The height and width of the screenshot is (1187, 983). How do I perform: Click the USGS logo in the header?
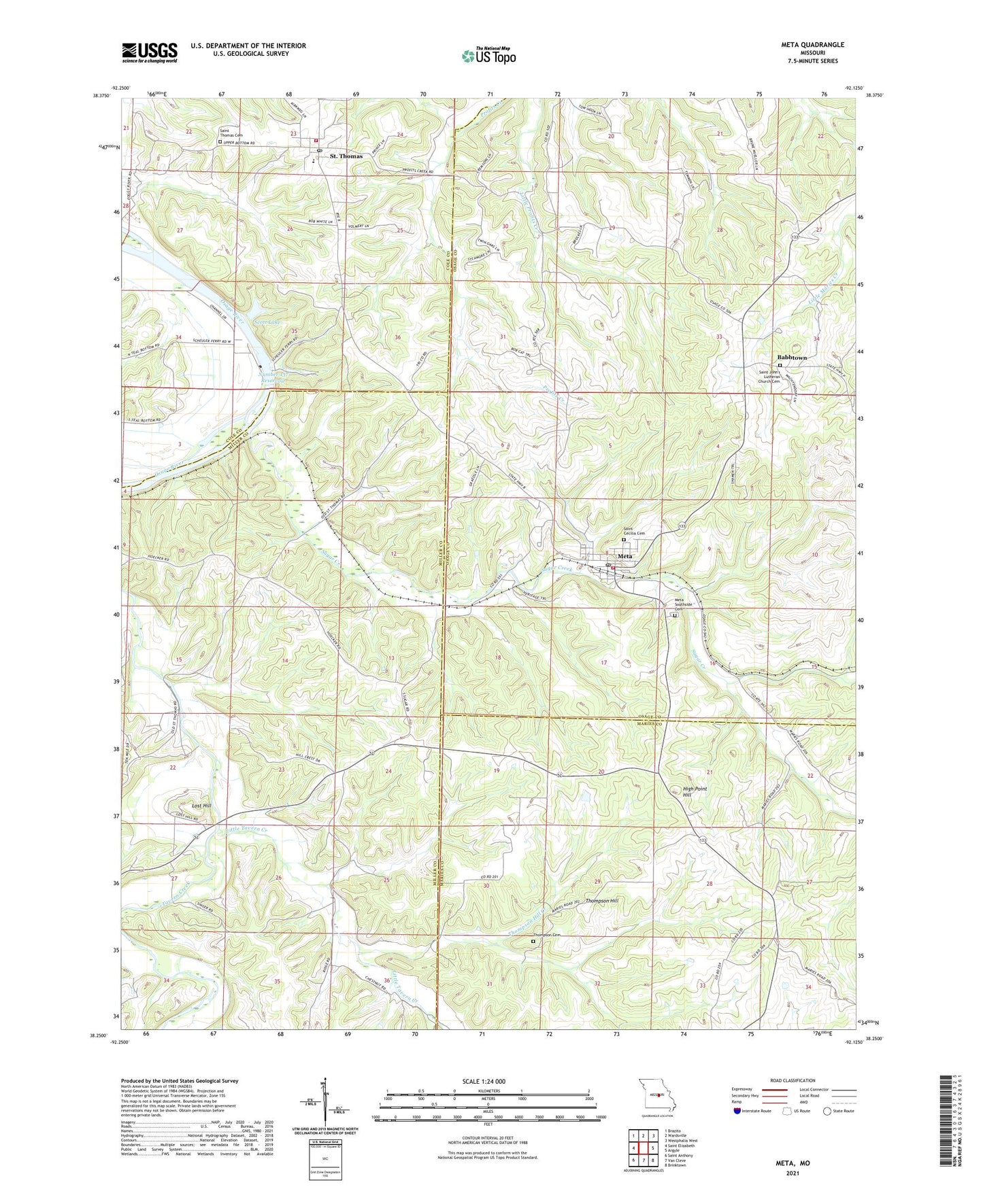click(x=149, y=52)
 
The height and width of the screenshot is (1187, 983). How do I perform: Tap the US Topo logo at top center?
click(x=488, y=56)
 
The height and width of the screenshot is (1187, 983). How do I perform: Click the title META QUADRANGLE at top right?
click(x=812, y=45)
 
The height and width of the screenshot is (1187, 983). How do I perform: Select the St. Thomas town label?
click(x=346, y=156)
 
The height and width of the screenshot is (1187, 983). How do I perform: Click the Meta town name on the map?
click(x=624, y=557)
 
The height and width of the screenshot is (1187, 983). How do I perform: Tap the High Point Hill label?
click(x=695, y=792)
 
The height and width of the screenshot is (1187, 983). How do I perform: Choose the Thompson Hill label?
click(x=602, y=901)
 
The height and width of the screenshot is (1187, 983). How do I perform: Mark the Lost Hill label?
click(x=201, y=806)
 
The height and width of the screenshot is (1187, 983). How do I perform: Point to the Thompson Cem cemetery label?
click(x=550, y=935)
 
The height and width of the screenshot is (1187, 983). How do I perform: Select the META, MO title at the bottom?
click(x=793, y=1163)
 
